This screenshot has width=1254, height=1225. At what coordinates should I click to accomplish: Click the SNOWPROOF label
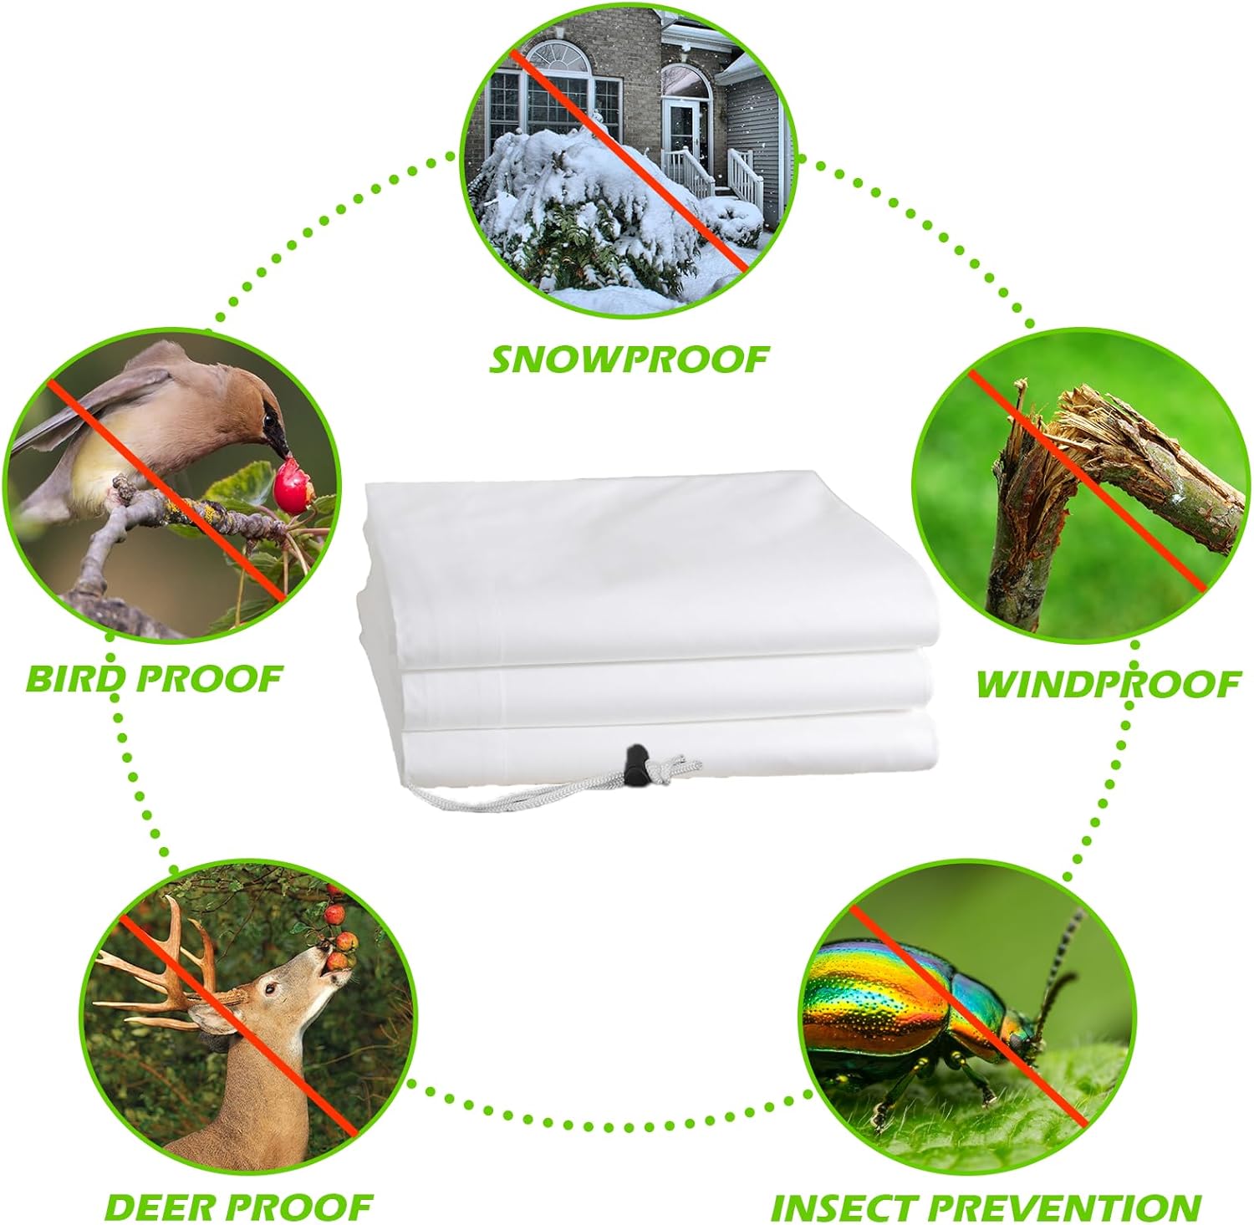(628, 359)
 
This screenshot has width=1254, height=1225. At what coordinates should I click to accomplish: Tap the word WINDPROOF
(1108, 684)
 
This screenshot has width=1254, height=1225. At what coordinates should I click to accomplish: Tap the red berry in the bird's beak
(292, 492)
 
